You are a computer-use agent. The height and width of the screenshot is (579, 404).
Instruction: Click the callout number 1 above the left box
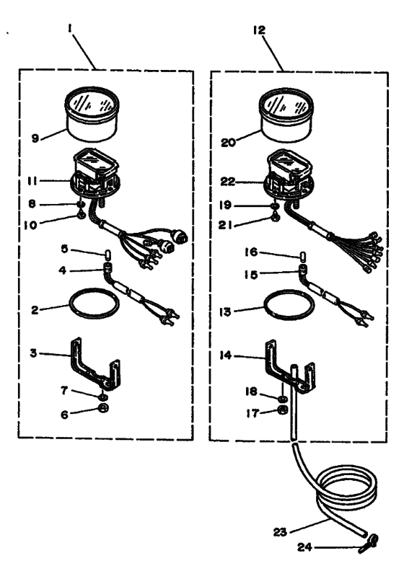(69, 29)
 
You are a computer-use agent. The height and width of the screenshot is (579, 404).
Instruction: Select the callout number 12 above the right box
(260, 30)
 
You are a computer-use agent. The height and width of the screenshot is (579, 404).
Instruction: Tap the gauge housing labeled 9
(92, 114)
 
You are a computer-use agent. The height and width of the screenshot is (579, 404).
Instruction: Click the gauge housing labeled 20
(286, 115)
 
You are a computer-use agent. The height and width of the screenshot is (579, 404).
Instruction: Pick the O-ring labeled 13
(289, 304)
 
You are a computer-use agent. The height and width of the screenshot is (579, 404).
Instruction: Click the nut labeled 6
(104, 408)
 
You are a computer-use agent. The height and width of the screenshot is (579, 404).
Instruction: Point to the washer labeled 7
(103, 397)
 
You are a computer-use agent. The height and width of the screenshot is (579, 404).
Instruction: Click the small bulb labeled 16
(302, 255)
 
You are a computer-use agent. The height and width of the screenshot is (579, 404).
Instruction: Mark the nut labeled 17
(283, 409)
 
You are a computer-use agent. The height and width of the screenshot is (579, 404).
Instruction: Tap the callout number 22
(228, 182)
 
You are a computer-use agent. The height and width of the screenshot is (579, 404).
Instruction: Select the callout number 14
(226, 355)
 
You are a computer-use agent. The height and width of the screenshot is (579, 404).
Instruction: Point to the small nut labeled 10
(82, 215)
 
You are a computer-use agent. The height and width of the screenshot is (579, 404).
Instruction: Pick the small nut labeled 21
(276, 218)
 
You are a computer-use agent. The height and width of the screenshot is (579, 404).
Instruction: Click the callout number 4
(62, 270)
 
